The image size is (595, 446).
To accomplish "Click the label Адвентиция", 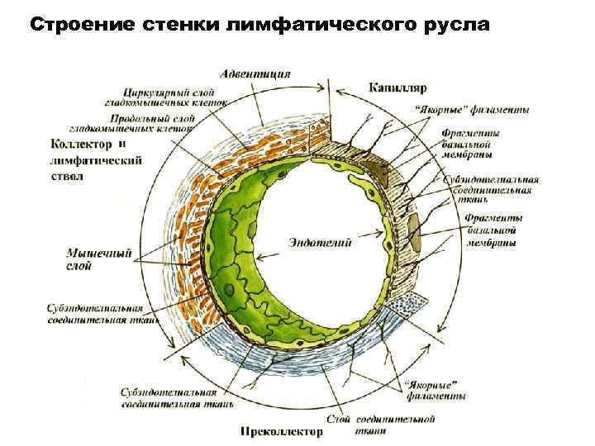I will point(254,74).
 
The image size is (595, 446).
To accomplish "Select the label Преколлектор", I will point(278,430).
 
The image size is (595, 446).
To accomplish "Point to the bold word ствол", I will point(67,175).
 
